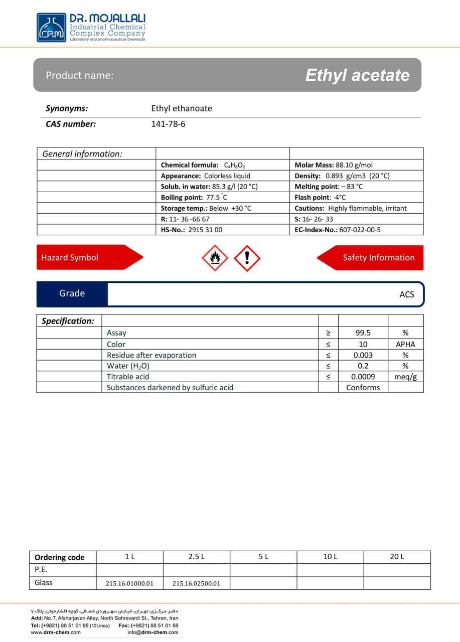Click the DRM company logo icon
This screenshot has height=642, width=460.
(51, 27)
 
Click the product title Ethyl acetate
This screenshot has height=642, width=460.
(357, 75)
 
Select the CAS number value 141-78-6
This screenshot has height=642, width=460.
(168, 124)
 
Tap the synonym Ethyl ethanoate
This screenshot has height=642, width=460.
(182, 108)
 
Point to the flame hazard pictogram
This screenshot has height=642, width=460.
(215, 258)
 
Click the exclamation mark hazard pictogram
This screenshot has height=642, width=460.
(247, 258)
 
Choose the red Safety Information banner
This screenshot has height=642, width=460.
(371, 257)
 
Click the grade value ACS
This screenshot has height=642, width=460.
(406, 294)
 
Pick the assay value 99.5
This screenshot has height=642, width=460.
(363, 333)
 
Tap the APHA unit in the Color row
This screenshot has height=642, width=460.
(405, 344)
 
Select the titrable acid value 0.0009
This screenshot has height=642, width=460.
(363, 377)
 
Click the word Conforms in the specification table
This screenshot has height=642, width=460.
(363, 388)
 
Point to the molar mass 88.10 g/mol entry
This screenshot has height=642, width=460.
(334, 165)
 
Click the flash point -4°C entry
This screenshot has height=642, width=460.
(320, 198)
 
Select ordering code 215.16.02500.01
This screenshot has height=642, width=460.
(196, 583)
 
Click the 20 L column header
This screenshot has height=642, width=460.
(397, 557)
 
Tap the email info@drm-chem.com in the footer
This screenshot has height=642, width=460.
(152, 632)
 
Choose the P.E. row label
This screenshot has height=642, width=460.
(41, 570)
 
